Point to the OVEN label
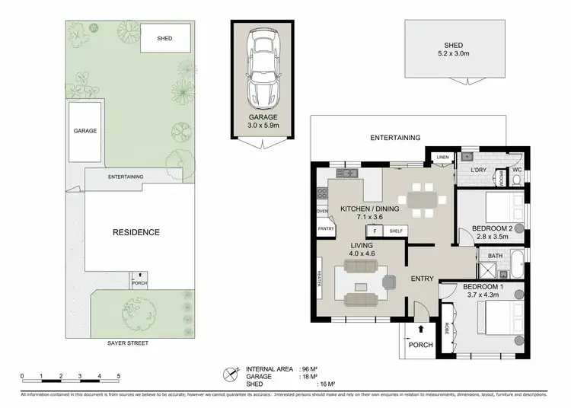pyautogui.click(x=322, y=211)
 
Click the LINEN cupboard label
pyautogui.click(x=441, y=158)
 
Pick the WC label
pyautogui.click(x=516, y=170)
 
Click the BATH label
pyautogui.click(x=495, y=256)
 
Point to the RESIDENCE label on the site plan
pyautogui.click(x=137, y=232)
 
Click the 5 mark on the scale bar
pyautogui.click(x=119, y=377)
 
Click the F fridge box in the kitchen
pyautogui.click(x=375, y=231)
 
